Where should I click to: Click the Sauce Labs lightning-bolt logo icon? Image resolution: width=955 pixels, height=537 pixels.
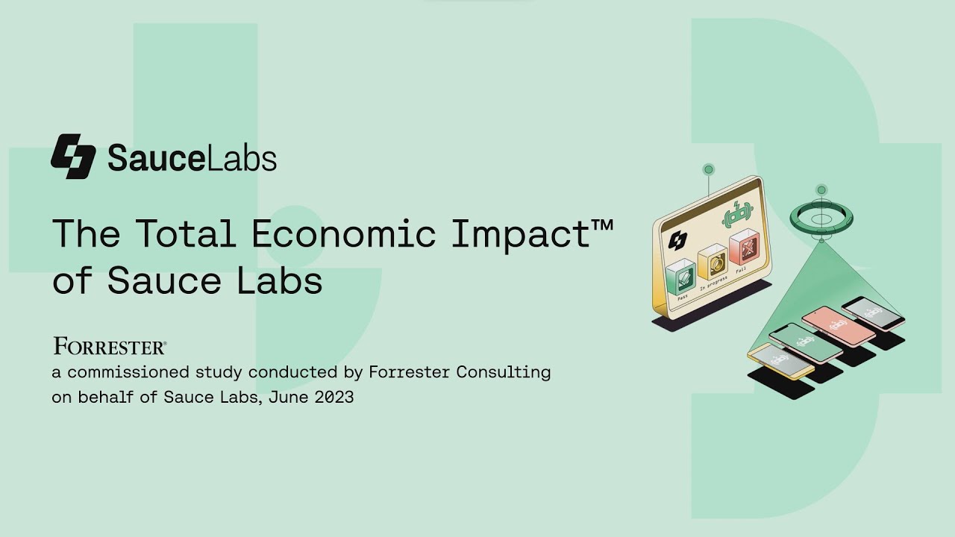pos(73,157)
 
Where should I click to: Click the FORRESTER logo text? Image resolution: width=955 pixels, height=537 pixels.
pos(109,347)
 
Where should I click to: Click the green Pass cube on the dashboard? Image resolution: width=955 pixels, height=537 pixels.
pos(680,277)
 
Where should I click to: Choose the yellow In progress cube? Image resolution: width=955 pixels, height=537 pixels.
pos(713,264)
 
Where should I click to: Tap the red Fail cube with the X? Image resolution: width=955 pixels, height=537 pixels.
pos(744,249)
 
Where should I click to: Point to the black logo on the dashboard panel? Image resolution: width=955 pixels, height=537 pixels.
pos(677,240)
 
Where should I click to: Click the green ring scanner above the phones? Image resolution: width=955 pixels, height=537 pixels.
pos(821,218)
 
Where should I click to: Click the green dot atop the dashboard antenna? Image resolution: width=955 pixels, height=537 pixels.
pos(709,169)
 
